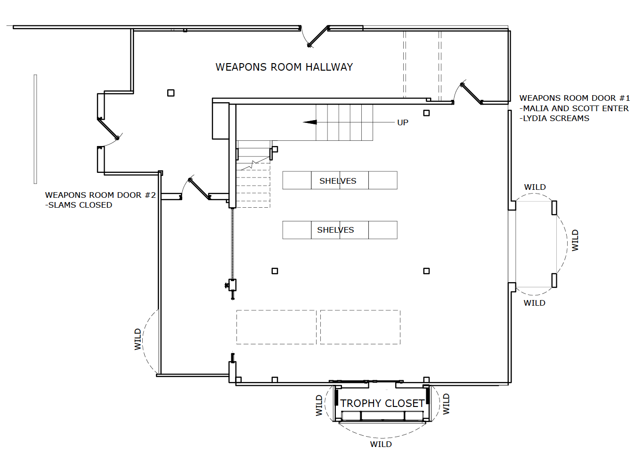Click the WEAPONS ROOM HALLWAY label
click(284, 67)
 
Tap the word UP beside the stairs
click(402, 122)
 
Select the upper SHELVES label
click(338, 181)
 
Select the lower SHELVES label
click(335, 230)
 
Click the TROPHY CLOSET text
click(383, 404)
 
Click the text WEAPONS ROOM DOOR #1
click(574, 98)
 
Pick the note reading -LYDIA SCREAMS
click(554, 119)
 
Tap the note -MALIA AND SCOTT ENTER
click(574, 108)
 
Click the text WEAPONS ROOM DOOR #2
click(100, 195)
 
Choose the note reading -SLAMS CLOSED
click(79, 205)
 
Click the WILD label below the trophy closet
click(381, 444)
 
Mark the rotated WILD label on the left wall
click(138, 339)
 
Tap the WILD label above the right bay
click(535, 187)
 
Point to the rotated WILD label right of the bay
click(575, 240)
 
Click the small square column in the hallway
click(171, 93)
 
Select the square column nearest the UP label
click(426, 113)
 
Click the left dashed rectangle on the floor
click(276, 327)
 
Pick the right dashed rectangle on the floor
click(360, 327)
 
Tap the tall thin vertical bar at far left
click(35, 129)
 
